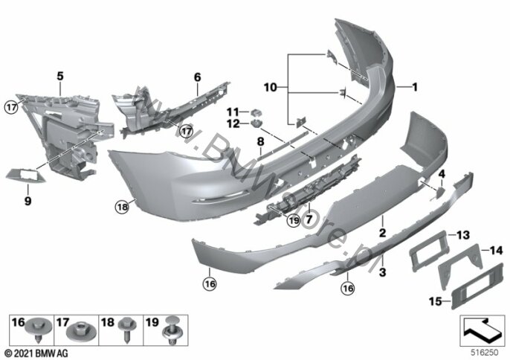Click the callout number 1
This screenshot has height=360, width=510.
click(x=414, y=87)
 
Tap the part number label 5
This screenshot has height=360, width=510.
click(x=60, y=75)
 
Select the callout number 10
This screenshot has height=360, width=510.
click(x=272, y=87)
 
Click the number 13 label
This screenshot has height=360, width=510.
click(x=462, y=235)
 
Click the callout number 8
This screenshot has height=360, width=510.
click(x=260, y=141)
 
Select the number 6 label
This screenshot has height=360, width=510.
click(x=198, y=77)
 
